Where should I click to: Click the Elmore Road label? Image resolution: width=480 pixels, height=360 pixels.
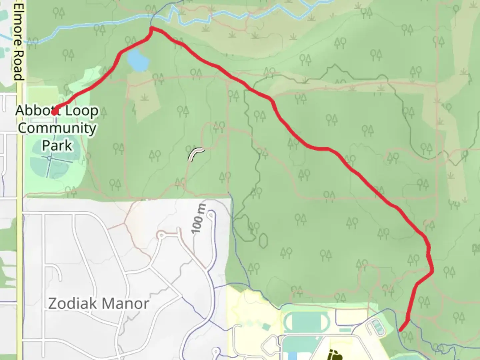(19, 42)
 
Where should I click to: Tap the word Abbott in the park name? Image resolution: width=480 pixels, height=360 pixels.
(34, 111)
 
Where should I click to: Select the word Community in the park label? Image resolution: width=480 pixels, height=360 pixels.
(57, 128)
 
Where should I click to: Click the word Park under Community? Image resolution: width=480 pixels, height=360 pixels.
(57, 146)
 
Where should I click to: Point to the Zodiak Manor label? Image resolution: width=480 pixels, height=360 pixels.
(99, 304)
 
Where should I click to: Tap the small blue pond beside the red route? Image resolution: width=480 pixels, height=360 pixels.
(138, 60)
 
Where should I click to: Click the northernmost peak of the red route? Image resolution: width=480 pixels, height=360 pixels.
(152, 28)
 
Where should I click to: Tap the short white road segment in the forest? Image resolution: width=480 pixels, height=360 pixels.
(196, 155)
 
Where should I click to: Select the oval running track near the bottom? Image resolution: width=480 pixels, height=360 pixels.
(306, 321)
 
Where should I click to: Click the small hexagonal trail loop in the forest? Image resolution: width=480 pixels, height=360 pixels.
(263, 240)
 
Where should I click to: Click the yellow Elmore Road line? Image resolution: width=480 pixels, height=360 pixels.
(20, 200)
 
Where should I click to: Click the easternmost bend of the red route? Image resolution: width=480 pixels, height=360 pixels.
(433, 271)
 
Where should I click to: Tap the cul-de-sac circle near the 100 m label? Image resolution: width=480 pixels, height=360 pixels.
(211, 216)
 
